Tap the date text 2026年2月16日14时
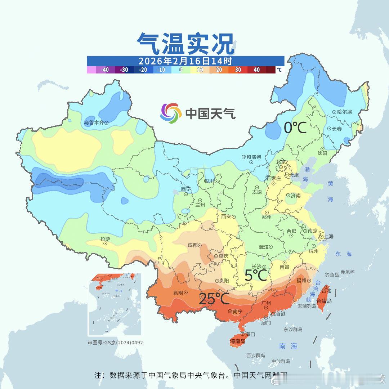pos(185,61)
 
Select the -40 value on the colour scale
pos(105,70)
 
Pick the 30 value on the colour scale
pos(238,70)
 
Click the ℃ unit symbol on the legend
pos(280,70)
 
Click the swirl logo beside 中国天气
pos(170,113)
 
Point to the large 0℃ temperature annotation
pos(295,127)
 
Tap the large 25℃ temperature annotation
pos(214,298)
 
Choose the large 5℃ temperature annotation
pos(256,275)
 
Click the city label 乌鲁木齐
pos(94,122)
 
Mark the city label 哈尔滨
pos(344,112)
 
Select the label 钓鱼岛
pos(332,275)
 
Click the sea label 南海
pos(288,346)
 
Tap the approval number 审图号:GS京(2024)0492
pos(115,343)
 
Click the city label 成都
pos(193,245)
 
